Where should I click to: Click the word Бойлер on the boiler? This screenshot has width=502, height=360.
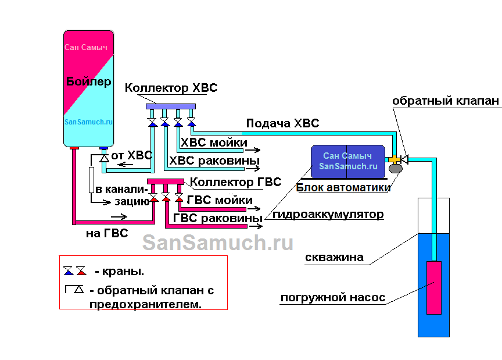point(88,81)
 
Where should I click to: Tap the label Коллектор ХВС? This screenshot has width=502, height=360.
point(171,88)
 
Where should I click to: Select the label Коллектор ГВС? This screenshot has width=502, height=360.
point(236,183)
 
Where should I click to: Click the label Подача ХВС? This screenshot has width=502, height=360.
point(282,123)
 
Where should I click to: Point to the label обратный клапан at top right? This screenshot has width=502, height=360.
point(445,101)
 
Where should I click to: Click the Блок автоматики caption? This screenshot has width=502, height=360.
point(343,187)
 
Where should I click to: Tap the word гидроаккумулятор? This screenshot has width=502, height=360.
point(328,215)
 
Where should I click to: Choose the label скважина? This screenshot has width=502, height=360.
point(334,258)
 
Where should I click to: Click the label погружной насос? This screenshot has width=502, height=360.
point(332,298)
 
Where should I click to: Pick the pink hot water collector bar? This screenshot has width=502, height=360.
point(166,181)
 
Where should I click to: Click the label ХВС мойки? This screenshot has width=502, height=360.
point(214,142)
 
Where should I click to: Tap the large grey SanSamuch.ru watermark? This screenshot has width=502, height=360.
point(218,243)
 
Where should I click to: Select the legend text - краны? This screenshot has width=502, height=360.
point(119,271)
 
